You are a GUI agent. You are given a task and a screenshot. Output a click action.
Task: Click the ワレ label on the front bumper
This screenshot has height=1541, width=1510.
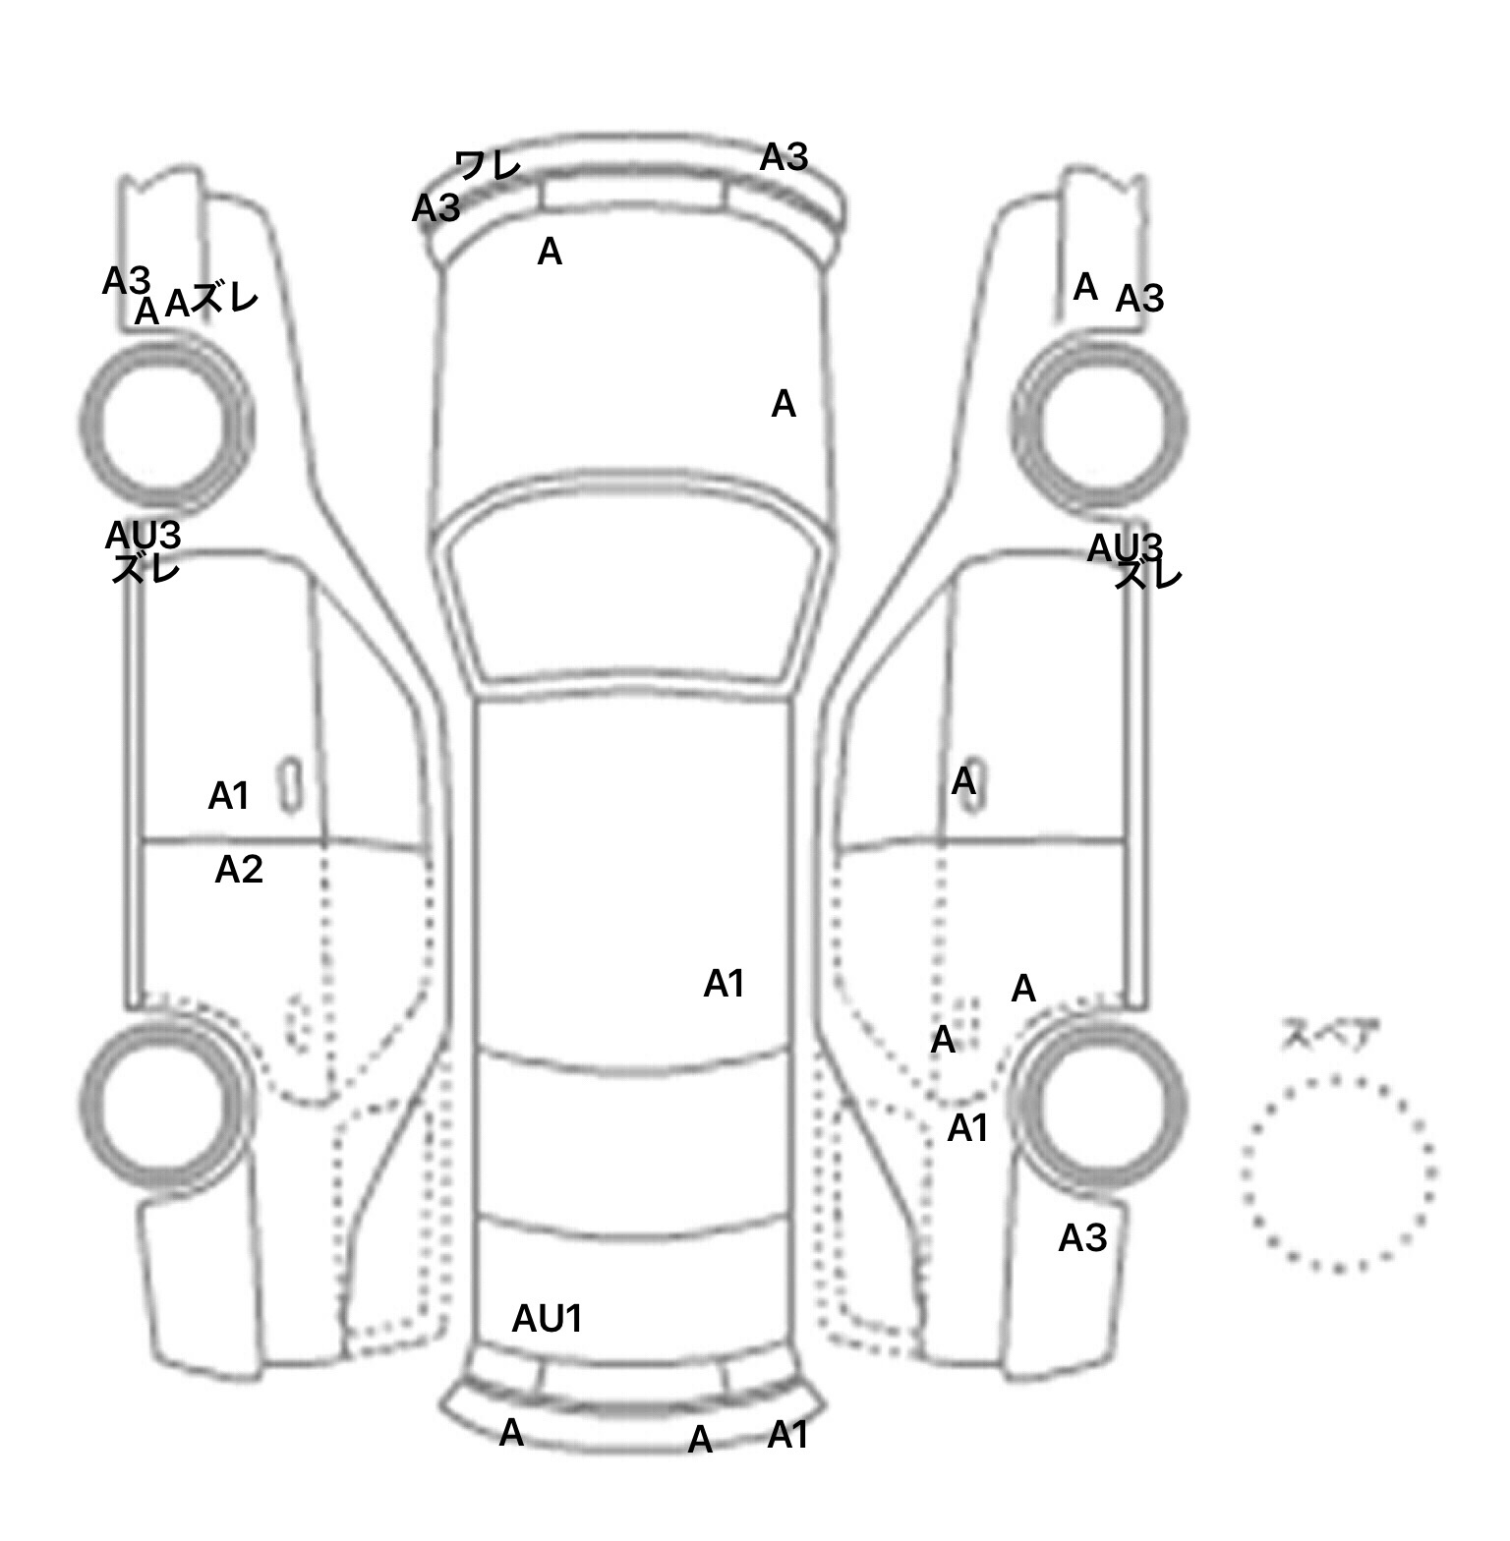tap(489, 165)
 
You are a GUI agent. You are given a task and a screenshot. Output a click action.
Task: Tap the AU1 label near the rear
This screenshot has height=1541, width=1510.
tap(548, 1319)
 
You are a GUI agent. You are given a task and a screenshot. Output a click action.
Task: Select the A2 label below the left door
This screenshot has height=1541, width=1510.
tap(239, 870)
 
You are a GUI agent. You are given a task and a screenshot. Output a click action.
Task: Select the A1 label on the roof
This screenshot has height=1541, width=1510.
tap(725, 984)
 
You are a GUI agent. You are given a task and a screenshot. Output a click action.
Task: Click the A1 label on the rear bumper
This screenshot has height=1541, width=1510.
tap(787, 1436)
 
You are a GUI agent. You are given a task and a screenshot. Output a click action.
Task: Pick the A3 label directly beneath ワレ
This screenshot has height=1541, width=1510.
tap(436, 208)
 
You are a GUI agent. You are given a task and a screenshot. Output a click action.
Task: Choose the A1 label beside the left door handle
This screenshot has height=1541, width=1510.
tap(229, 796)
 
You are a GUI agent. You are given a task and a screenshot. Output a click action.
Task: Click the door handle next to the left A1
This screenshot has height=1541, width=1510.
tap(291, 785)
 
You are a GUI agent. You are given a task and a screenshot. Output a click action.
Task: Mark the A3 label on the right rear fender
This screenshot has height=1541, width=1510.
tap(1082, 1238)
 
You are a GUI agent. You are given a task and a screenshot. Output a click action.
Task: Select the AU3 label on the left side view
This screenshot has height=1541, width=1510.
tap(144, 536)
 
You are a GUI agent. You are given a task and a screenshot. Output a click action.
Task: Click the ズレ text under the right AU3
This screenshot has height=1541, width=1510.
tap(1147, 576)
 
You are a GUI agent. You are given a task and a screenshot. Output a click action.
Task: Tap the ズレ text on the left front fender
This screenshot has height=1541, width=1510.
tap(225, 299)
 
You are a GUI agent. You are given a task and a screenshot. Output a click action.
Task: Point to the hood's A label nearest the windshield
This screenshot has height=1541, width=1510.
tap(783, 404)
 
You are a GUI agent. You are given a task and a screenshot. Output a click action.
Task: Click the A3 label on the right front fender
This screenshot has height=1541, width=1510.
tap(1139, 298)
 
